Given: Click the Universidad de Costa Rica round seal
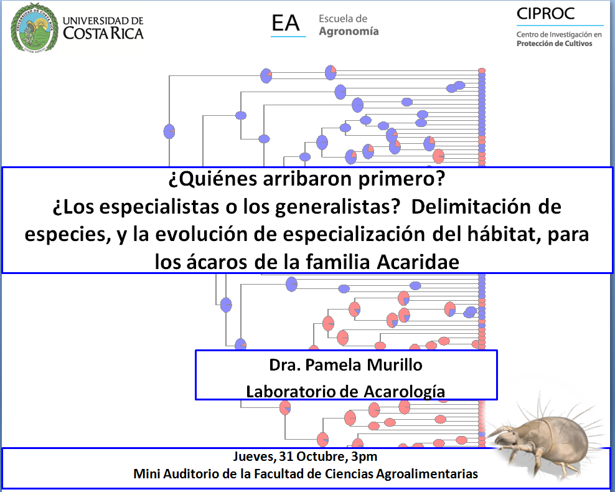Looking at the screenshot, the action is point(34,27).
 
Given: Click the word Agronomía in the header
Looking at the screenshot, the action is point(349,31).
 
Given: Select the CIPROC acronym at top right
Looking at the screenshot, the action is point(545,14).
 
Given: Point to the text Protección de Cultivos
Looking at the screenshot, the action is point(554,44).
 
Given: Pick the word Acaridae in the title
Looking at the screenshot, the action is point(418,262).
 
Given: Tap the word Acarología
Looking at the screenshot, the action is point(405,392).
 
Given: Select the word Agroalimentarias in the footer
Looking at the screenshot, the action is point(427,474).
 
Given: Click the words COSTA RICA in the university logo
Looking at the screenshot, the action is point(103,34).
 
